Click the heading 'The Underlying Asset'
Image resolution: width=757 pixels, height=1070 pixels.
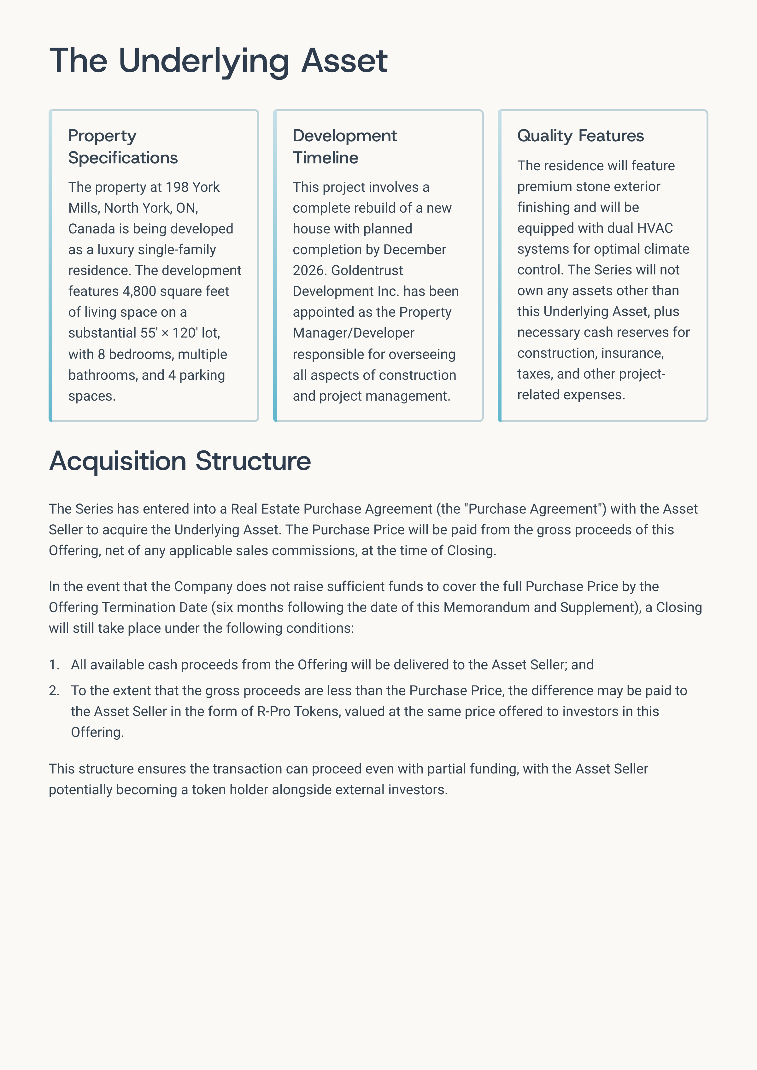[218, 61]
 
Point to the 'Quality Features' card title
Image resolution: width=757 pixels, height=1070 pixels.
[580, 136]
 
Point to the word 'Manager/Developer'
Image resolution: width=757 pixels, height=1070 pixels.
[353, 333]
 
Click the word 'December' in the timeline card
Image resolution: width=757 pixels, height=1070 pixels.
[414, 250]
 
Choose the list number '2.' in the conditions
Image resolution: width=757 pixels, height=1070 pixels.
[54, 691]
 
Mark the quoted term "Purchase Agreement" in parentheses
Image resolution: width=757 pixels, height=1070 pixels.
[535, 509]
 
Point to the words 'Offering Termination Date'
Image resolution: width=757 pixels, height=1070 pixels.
[128, 607]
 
